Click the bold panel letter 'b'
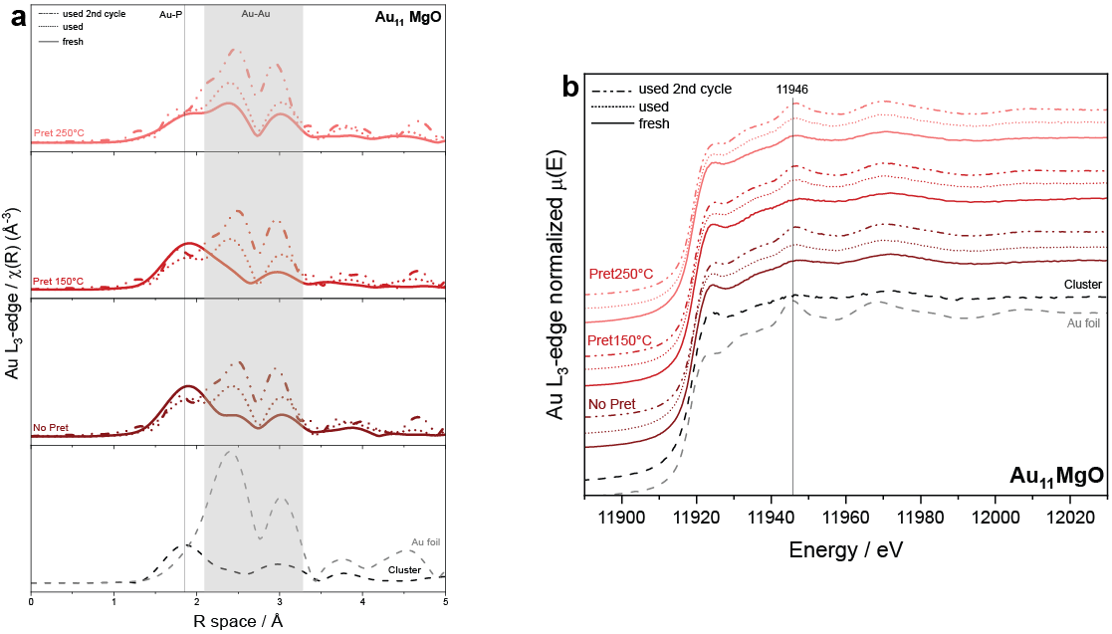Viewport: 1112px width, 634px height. pos(571,88)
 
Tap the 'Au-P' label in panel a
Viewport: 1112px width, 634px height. pos(171,15)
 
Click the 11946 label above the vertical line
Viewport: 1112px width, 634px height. pos(792,90)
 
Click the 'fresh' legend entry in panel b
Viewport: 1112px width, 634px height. pos(654,123)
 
